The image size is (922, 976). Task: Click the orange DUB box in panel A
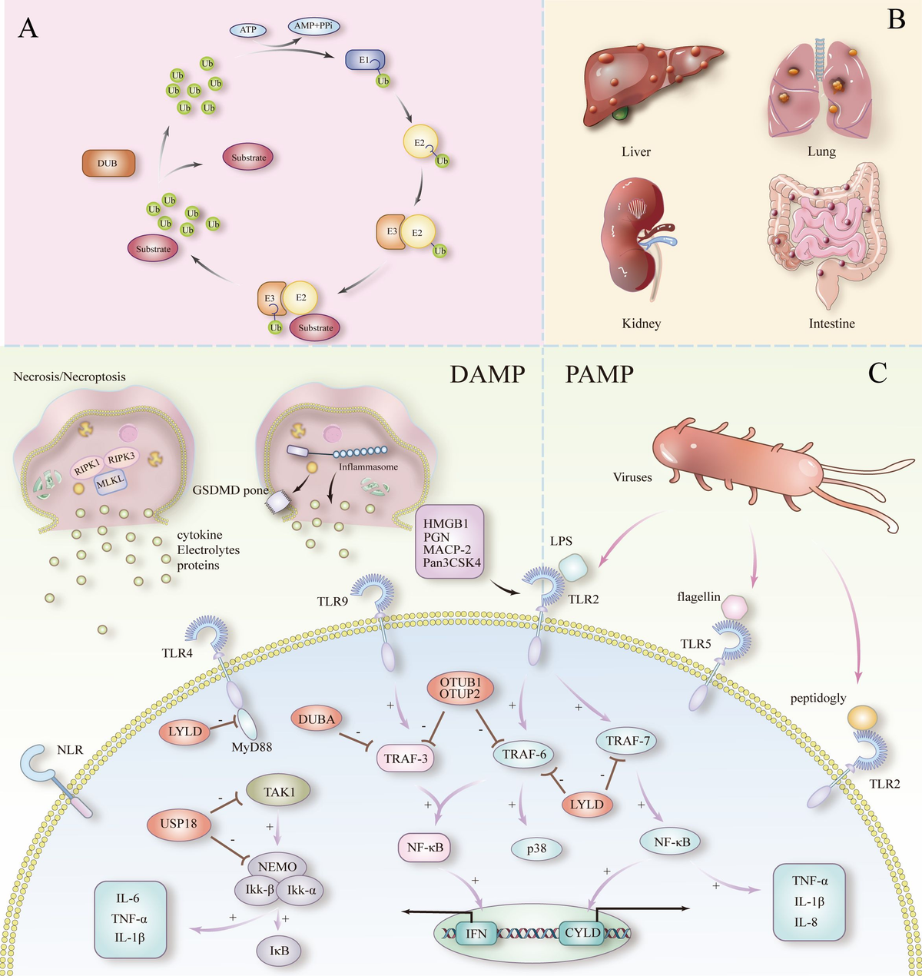108,163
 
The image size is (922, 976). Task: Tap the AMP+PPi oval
315,25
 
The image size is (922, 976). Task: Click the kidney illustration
635,234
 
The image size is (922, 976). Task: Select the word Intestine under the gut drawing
831,324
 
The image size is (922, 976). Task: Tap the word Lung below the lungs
821,151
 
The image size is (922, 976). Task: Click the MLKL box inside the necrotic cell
108,483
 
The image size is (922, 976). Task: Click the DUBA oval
317,719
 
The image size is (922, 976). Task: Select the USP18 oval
178,823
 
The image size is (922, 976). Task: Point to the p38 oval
536,848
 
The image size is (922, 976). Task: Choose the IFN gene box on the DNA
476,934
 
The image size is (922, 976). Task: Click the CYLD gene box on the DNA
582,933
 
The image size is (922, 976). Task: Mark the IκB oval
279,951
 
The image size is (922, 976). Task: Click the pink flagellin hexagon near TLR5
734,608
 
